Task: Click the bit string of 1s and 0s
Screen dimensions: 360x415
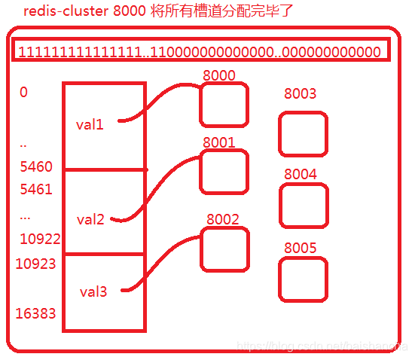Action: coord(200,52)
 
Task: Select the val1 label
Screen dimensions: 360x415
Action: coord(90,124)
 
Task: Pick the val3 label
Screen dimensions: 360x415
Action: coord(94,291)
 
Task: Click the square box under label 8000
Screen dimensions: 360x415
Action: coord(224,105)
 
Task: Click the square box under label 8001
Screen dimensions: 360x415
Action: coord(224,172)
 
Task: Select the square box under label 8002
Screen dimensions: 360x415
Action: coord(224,249)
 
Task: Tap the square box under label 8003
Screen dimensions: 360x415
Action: coord(303,134)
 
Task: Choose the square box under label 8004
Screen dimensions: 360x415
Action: coord(304,206)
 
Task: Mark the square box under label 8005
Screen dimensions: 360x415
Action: coord(303,280)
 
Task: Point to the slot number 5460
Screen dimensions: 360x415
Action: coord(36,167)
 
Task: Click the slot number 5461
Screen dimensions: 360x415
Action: coord(36,189)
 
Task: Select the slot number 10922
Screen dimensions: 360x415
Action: coord(40,239)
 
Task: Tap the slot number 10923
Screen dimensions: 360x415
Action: coord(35,264)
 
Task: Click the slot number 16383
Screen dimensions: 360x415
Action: coord(35,313)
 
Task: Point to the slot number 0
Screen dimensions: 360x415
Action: coord(24,93)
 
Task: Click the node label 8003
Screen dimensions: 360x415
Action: coord(300,94)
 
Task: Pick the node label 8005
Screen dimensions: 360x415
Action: coord(300,249)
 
